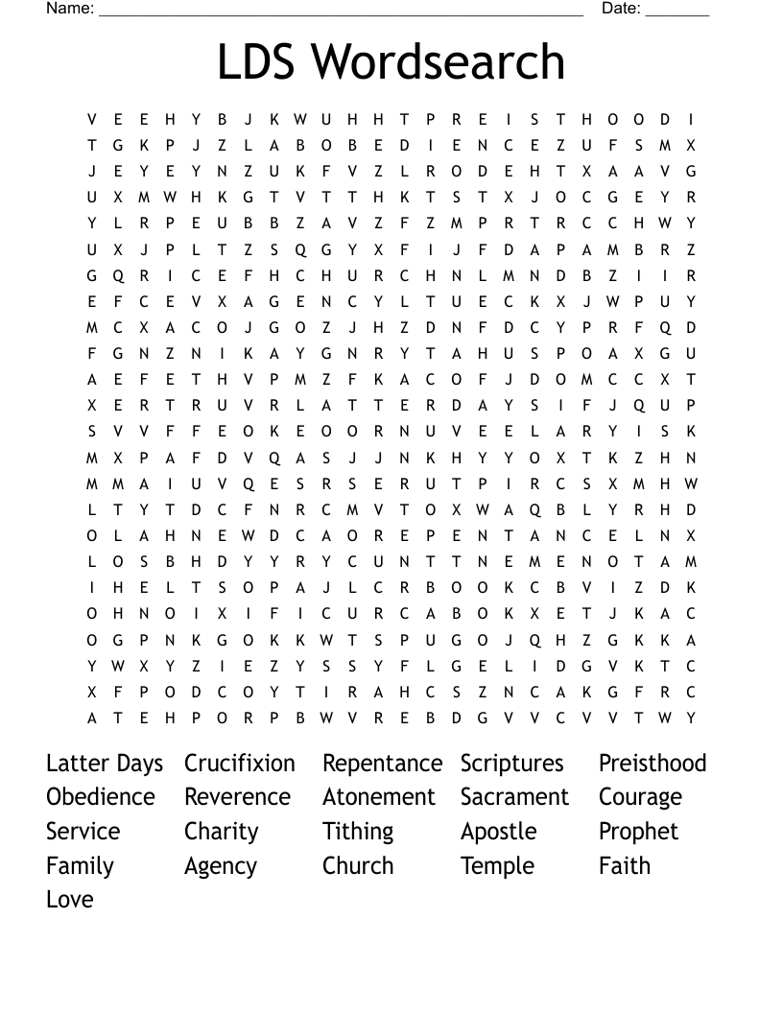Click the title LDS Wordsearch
pyautogui.click(x=391, y=61)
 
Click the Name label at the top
pyautogui.click(x=70, y=9)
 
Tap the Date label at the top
pyautogui.click(x=621, y=9)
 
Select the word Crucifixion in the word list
pyautogui.click(x=240, y=764)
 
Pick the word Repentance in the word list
pyautogui.click(x=382, y=764)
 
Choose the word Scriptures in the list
pyautogui.click(x=511, y=764)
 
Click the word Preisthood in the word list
pyautogui.click(x=652, y=764)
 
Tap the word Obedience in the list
pyautogui.click(x=101, y=797)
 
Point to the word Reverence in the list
pyautogui.click(x=237, y=797)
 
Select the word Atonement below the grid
pyautogui.click(x=379, y=797)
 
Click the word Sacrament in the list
pyautogui.click(x=514, y=797)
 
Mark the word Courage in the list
pyautogui.click(x=640, y=798)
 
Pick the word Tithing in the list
pyautogui.click(x=358, y=832)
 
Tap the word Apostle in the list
pyautogui.click(x=498, y=832)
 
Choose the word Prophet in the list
pyautogui.click(x=638, y=832)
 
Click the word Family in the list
pyautogui.click(x=80, y=866)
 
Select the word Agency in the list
pyautogui.click(x=221, y=867)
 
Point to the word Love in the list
pyautogui.click(x=70, y=900)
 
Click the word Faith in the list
pyautogui.click(x=625, y=865)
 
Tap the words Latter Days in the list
pyautogui.click(x=105, y=764)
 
